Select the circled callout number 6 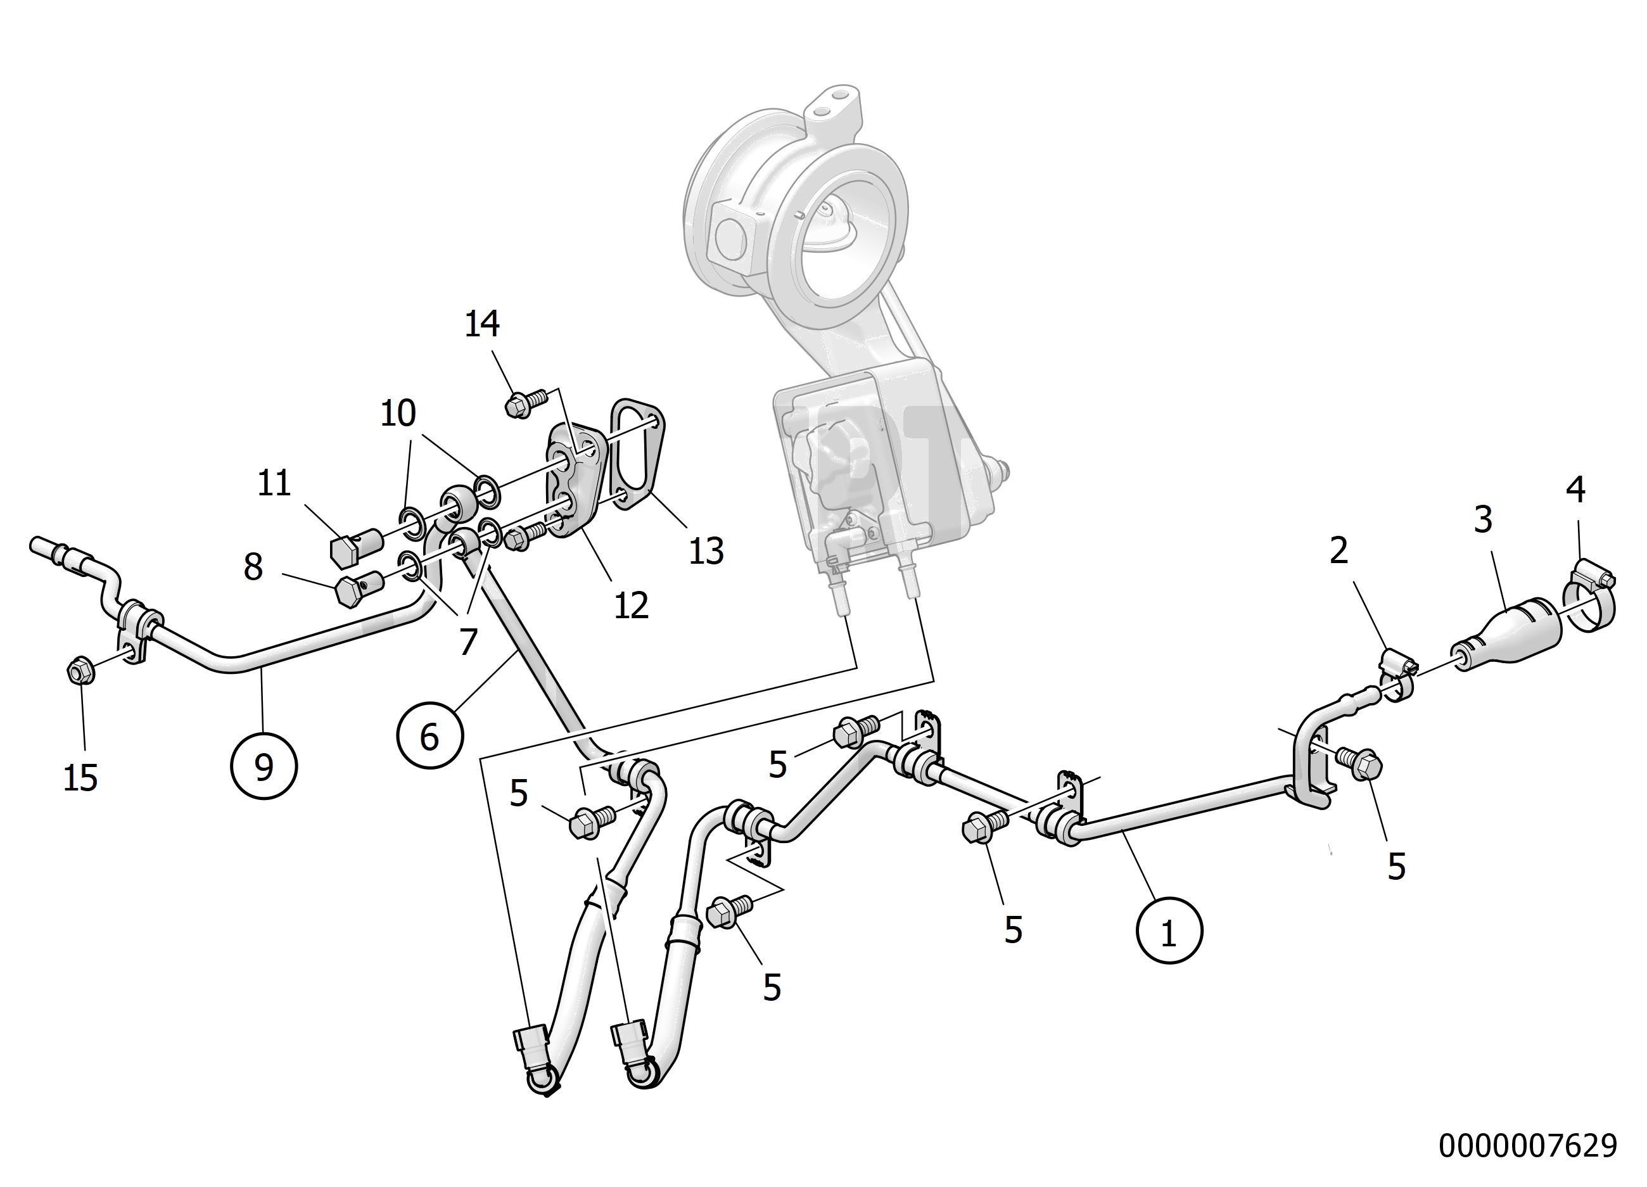(x=430, y=736)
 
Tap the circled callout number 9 (x=264, y=766)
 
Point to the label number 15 (x=80, y=778)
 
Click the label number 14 (x=482, y=324)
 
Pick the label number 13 (x=706, y=551)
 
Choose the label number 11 (x=274, y=483)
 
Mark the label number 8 (x=253, y=567)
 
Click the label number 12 (x=630, y=605)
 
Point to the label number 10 (x=398, y=413)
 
